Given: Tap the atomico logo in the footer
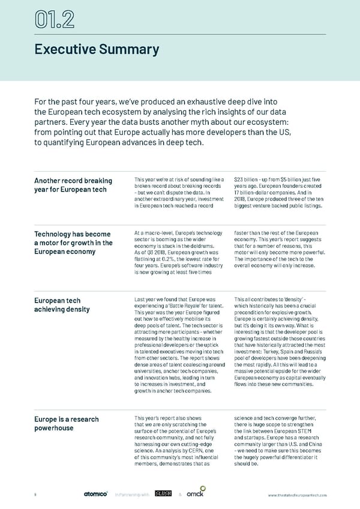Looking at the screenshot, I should (x=95, y=495).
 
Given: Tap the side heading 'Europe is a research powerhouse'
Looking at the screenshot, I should (x=67, y=424).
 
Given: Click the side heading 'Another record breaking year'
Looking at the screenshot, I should (x=73, y=185).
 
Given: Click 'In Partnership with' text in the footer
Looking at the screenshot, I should (x=132, y=495).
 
